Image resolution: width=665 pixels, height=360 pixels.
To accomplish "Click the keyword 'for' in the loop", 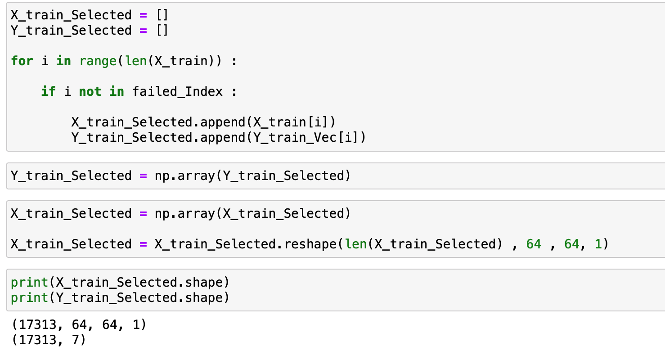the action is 22,61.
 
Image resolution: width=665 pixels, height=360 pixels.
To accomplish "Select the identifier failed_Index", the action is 177,92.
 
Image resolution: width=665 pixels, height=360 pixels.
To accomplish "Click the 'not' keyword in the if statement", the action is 90,92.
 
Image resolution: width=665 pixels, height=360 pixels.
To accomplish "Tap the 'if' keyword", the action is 48,92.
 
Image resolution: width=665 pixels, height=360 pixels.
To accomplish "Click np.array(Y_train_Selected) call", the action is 252,175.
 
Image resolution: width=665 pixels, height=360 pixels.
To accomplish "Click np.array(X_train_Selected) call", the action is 252,213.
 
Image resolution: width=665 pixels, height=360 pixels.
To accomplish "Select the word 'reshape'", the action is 310,244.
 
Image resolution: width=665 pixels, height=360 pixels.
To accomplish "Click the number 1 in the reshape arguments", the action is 597,244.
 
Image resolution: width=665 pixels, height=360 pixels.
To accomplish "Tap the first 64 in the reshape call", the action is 534,244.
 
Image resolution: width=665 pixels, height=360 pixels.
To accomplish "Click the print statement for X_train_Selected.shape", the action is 120,283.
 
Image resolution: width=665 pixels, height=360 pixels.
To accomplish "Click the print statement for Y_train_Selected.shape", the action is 120,298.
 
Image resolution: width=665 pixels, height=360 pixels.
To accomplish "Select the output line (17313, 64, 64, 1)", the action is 79,324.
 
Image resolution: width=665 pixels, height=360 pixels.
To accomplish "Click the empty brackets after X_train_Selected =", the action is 162,15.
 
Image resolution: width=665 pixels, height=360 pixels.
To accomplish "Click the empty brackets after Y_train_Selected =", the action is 162,31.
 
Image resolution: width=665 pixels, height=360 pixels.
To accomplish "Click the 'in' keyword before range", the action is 63,61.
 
